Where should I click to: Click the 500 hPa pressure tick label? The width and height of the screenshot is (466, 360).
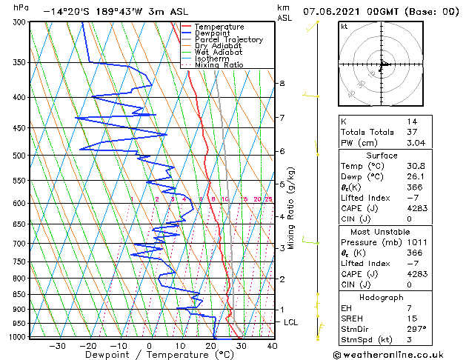[19, 156]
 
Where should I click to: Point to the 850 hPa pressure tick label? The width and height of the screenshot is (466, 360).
[19, 295]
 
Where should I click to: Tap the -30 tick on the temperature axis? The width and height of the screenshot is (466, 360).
[56, 345]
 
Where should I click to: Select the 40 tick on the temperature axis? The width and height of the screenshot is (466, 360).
[272, 345]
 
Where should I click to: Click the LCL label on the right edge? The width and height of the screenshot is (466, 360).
[291, 323]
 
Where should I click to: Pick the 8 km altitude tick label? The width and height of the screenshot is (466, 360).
[282, 84]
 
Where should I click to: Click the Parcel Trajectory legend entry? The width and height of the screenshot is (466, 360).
[228, 40]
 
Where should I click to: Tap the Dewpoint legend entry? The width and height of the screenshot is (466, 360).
[213, 33]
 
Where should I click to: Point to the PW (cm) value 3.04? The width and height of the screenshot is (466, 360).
[416, 143]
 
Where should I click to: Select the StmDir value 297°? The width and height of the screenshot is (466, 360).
[416, 329]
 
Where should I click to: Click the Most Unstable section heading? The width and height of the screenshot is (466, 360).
[382, 232]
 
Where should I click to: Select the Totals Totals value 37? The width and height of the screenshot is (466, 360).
[411, 132]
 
